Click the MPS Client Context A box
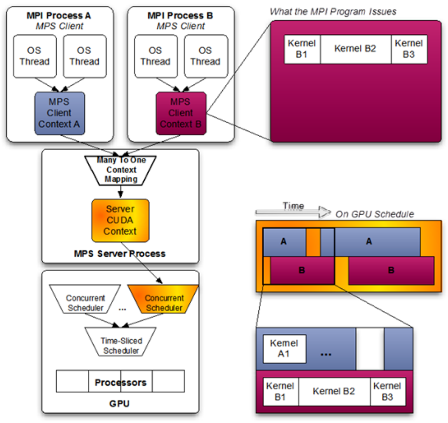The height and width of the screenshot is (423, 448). tap(59, 113)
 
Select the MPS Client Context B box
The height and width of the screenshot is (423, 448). tap(181, 113)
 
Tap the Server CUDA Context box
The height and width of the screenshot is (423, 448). tap(120, 220)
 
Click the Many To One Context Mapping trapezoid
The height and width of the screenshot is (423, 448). tap(121, 170)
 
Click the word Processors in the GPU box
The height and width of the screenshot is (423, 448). tap(120, 383)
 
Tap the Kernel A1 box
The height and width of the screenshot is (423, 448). tap(284, 349)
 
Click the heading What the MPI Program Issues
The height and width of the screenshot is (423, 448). tap(333, 12)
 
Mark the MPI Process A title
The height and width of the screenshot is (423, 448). tap(59, 16)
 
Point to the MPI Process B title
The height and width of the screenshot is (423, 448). tap(180, 16)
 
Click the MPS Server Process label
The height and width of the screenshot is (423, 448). tap(120, 254)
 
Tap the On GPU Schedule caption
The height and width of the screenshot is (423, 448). tap(375, 214)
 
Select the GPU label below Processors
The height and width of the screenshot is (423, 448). tap(119, 404)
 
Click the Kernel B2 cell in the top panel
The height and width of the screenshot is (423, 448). tap(355, 49)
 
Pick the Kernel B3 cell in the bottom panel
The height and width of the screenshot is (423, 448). tap(387, 391)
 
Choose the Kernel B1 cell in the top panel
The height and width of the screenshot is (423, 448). tap(302, 49)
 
